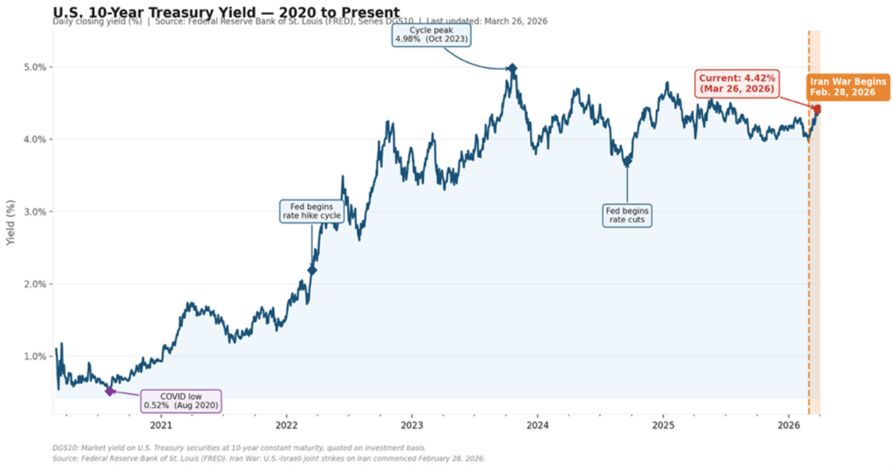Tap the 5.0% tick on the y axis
click(x=35, y=67)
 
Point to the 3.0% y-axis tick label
click(x=35, y=212)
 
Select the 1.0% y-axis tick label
click(x=35, y=357)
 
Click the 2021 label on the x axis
click(x=161, y=425)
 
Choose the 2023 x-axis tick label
click(x=412, y=425)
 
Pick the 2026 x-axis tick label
click(x=788, y=425)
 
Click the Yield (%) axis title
click(x=10, y=221)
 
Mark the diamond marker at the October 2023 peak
click(x=512, y=68)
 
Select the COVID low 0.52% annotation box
click(x=181, y=401)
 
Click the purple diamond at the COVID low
click(x=110, y=391)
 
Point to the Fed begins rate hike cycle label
click(x=311, y=212)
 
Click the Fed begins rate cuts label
click(x=628, y=214)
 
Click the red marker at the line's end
click(x=817, y=110)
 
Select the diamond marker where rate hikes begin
click(x=312, y=270)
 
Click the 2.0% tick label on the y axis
click(x=35, y=284)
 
